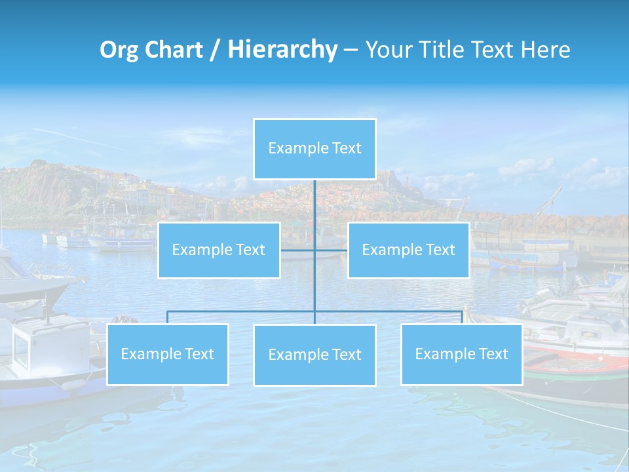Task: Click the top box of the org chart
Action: tap(314, 148)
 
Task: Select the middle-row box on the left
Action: tap(219, 250)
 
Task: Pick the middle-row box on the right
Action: tap(408, 250)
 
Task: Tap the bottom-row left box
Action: tap(168, 354)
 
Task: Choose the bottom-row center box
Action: tap(314, 355)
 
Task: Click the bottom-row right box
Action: tap(461, 354)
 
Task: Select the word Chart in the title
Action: tap(175, 50)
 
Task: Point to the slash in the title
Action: tap(215, 50)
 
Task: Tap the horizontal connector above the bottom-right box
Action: tap(393, 311)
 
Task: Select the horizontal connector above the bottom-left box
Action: tap(236, 311)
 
